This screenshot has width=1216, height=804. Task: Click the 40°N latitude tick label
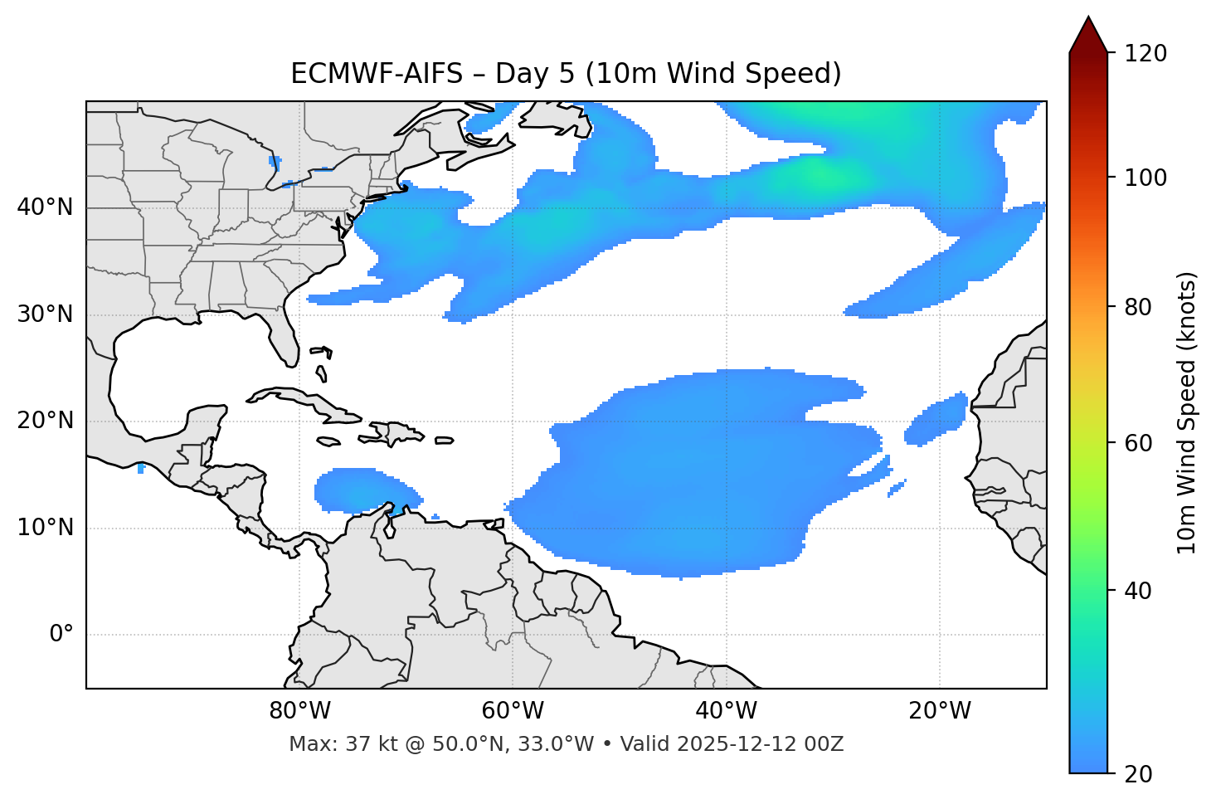tap(45, 207)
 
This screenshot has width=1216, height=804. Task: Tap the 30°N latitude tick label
tap(45, 314)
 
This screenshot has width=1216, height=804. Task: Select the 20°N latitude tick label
tap(45, 421)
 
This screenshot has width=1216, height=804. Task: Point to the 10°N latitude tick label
tap(45, 528)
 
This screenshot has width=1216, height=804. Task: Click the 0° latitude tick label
tap(61, 635)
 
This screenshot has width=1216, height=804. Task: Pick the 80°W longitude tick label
tap(299, 711)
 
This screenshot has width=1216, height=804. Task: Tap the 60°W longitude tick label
tap(513, 711)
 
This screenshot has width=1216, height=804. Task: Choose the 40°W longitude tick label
tap(726, 711)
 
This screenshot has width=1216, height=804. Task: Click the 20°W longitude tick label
tap(940, 711)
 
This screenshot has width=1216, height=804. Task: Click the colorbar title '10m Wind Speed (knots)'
tap(1187, 412)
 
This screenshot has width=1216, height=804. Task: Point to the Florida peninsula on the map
tap(285, 336)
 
